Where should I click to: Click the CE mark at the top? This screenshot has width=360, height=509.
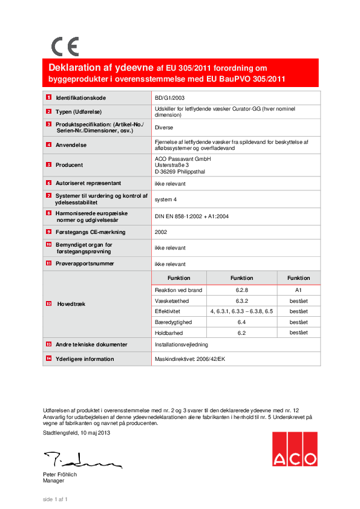(65, 47)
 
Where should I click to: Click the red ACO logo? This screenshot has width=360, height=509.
(294, 449)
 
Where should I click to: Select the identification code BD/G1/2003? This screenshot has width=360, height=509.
(169, 97)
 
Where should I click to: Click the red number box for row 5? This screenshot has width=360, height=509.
(48, 164)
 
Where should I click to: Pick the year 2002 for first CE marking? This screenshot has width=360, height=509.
(161, 232)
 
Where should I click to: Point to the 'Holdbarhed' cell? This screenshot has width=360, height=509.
(169, 332)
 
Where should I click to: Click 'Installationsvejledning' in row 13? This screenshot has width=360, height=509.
(182, 345)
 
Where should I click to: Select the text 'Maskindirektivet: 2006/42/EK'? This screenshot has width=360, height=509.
(189, 359)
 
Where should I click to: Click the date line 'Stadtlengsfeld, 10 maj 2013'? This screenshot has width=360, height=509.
(76, 433)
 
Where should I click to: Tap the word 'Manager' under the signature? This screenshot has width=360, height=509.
(53, 481)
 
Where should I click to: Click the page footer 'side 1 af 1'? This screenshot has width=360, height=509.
(54, 499)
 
